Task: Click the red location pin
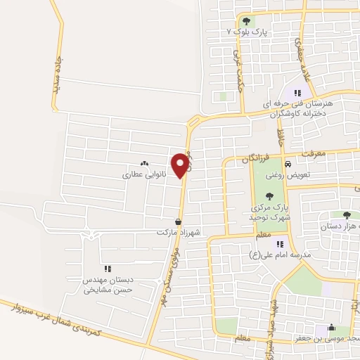pyautogui.click(x=182, y=165)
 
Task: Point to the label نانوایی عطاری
pyautogui.click(x=143, y=173)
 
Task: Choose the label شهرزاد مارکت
pyautogui.click(x=174, y=231)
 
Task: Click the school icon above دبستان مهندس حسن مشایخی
pyautogui.click(x=108, y=268)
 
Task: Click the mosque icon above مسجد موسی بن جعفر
pyautogui.click(x=331, y=328)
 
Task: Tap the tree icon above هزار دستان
pyautogui.click(x=345, y=216)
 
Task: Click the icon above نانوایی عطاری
pyautogui.click(x=144, y=162)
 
